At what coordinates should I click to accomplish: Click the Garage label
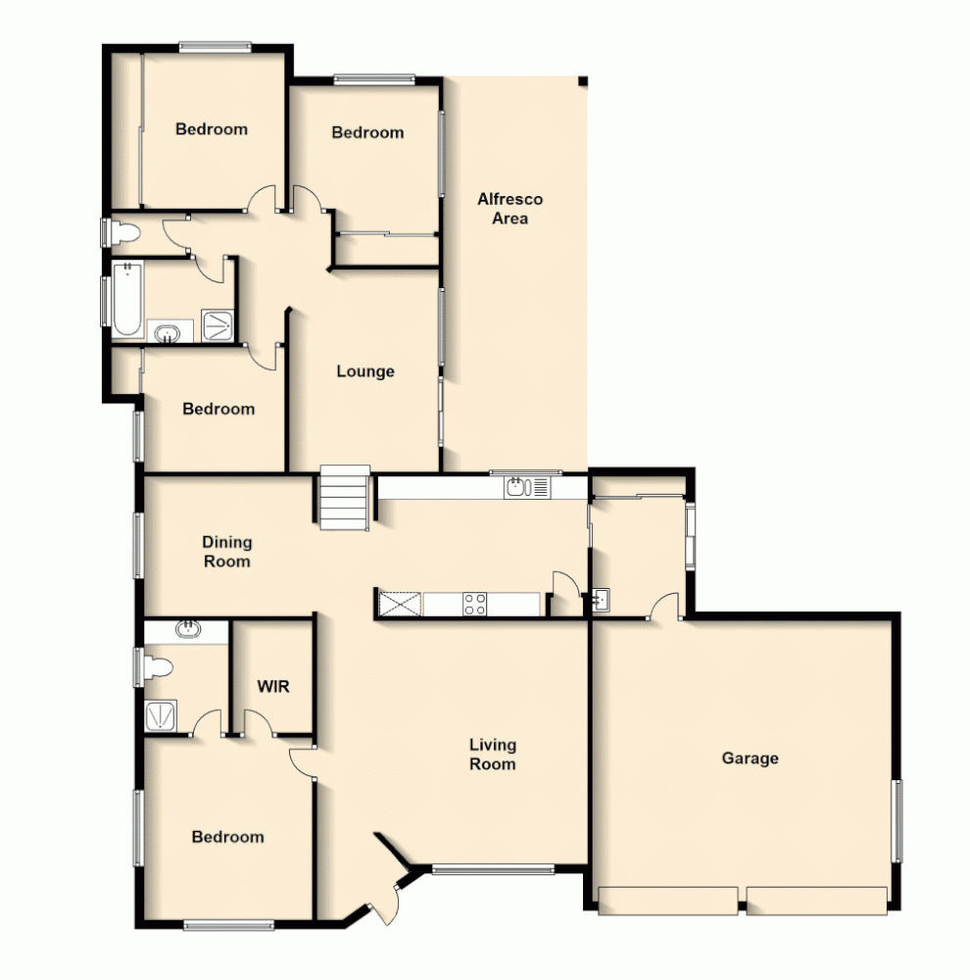(750, 758)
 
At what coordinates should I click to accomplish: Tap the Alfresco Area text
(509, 209)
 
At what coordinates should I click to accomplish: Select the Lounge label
(365, 371)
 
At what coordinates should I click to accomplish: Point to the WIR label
(273, 687)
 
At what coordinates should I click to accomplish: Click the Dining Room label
(226, 552)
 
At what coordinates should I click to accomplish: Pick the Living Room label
(492, 755)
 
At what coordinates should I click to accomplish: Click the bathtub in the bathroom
(126, 299)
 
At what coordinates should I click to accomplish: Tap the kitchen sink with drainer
(529, 485)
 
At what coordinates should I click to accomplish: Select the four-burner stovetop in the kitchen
(475, 604)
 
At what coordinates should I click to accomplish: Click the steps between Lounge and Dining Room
(344, 498)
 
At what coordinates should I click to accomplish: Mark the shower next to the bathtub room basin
(216, 324)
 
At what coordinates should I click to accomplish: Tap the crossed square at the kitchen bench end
(399, 604)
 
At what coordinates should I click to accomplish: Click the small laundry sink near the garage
(601, 599)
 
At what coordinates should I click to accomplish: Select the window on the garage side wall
(895, 820)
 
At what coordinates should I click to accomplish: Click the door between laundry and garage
(666, 607)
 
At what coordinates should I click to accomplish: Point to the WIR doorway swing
(257, 723)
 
